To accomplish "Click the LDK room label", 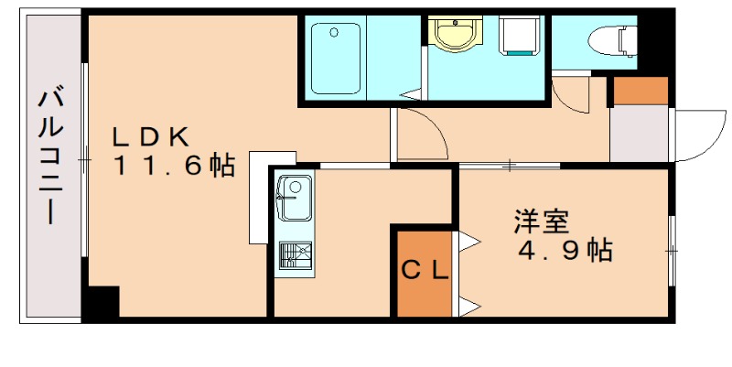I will (151, 136).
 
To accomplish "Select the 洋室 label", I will (542, 221).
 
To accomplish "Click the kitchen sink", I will (294, 198).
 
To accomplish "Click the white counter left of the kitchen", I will (260, 198).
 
